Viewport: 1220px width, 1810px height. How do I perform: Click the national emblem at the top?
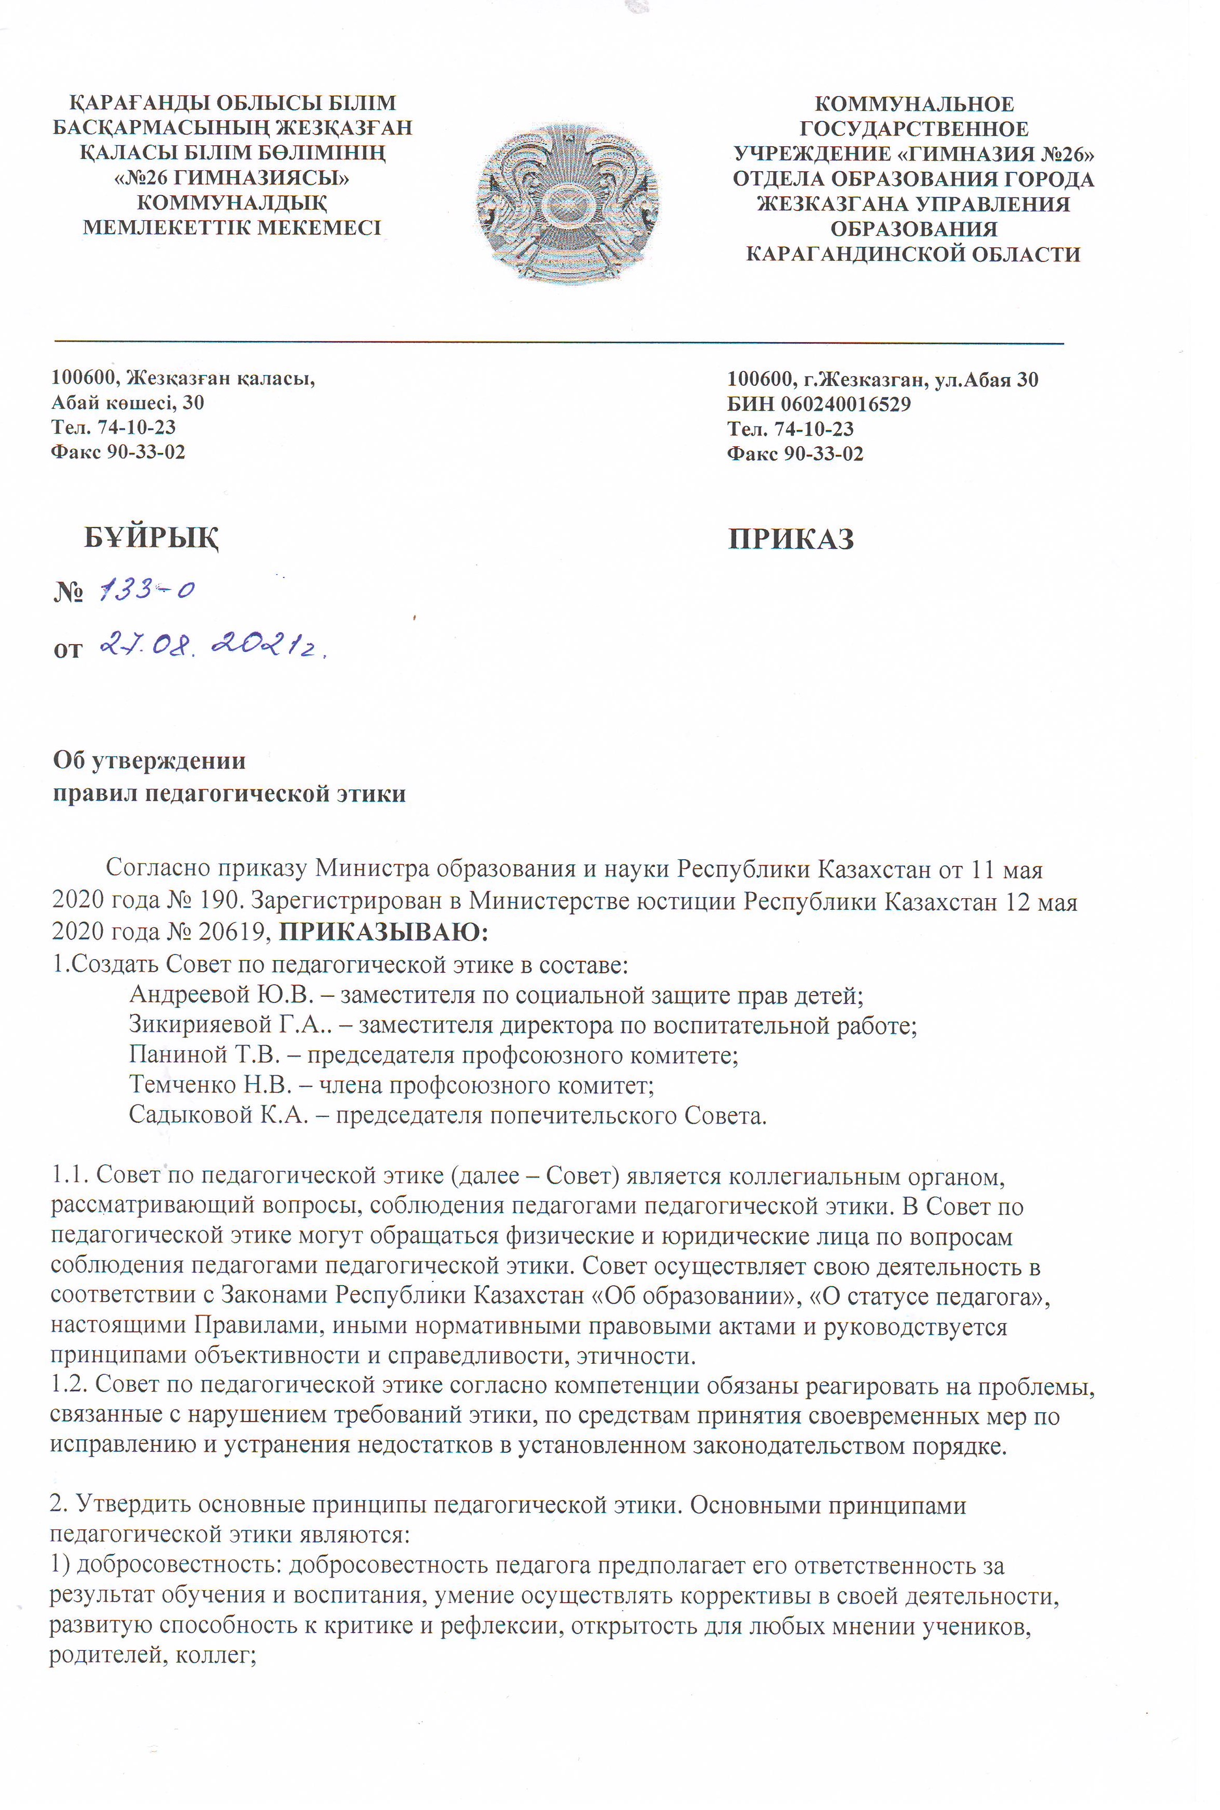pyautogui.click(x=568, y=204)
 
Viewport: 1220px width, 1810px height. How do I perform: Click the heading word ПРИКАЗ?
pyautogui.click(x=791, y=539)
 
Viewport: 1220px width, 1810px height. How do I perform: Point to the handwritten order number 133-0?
pyautogui.click(x=148, y=590)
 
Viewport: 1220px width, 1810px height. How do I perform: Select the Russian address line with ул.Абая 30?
pyautogui.click(x=882, y=380)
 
